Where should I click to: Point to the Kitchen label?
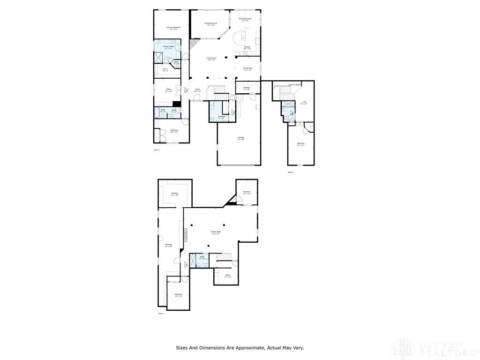(247, 48)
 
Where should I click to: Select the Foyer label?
(198, 90)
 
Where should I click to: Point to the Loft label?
(304, 102)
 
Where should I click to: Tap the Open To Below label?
(294, 85)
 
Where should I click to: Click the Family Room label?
(216, 232)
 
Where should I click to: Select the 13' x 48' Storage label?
(168, 245)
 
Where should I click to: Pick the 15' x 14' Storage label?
(174, 194)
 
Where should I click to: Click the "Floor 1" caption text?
(161, 313)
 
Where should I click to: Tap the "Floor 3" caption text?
(291, 172)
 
